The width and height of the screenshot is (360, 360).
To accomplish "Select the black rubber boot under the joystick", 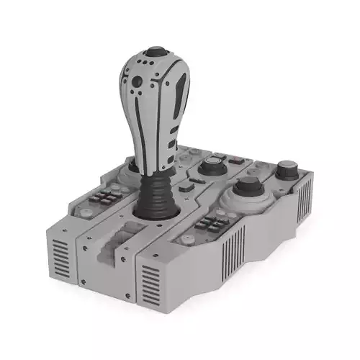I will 155,193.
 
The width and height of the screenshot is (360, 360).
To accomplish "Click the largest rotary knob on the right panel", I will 247,189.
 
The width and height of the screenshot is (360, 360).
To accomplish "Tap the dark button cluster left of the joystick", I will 108,198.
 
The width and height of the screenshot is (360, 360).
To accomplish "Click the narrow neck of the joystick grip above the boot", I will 153,162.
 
